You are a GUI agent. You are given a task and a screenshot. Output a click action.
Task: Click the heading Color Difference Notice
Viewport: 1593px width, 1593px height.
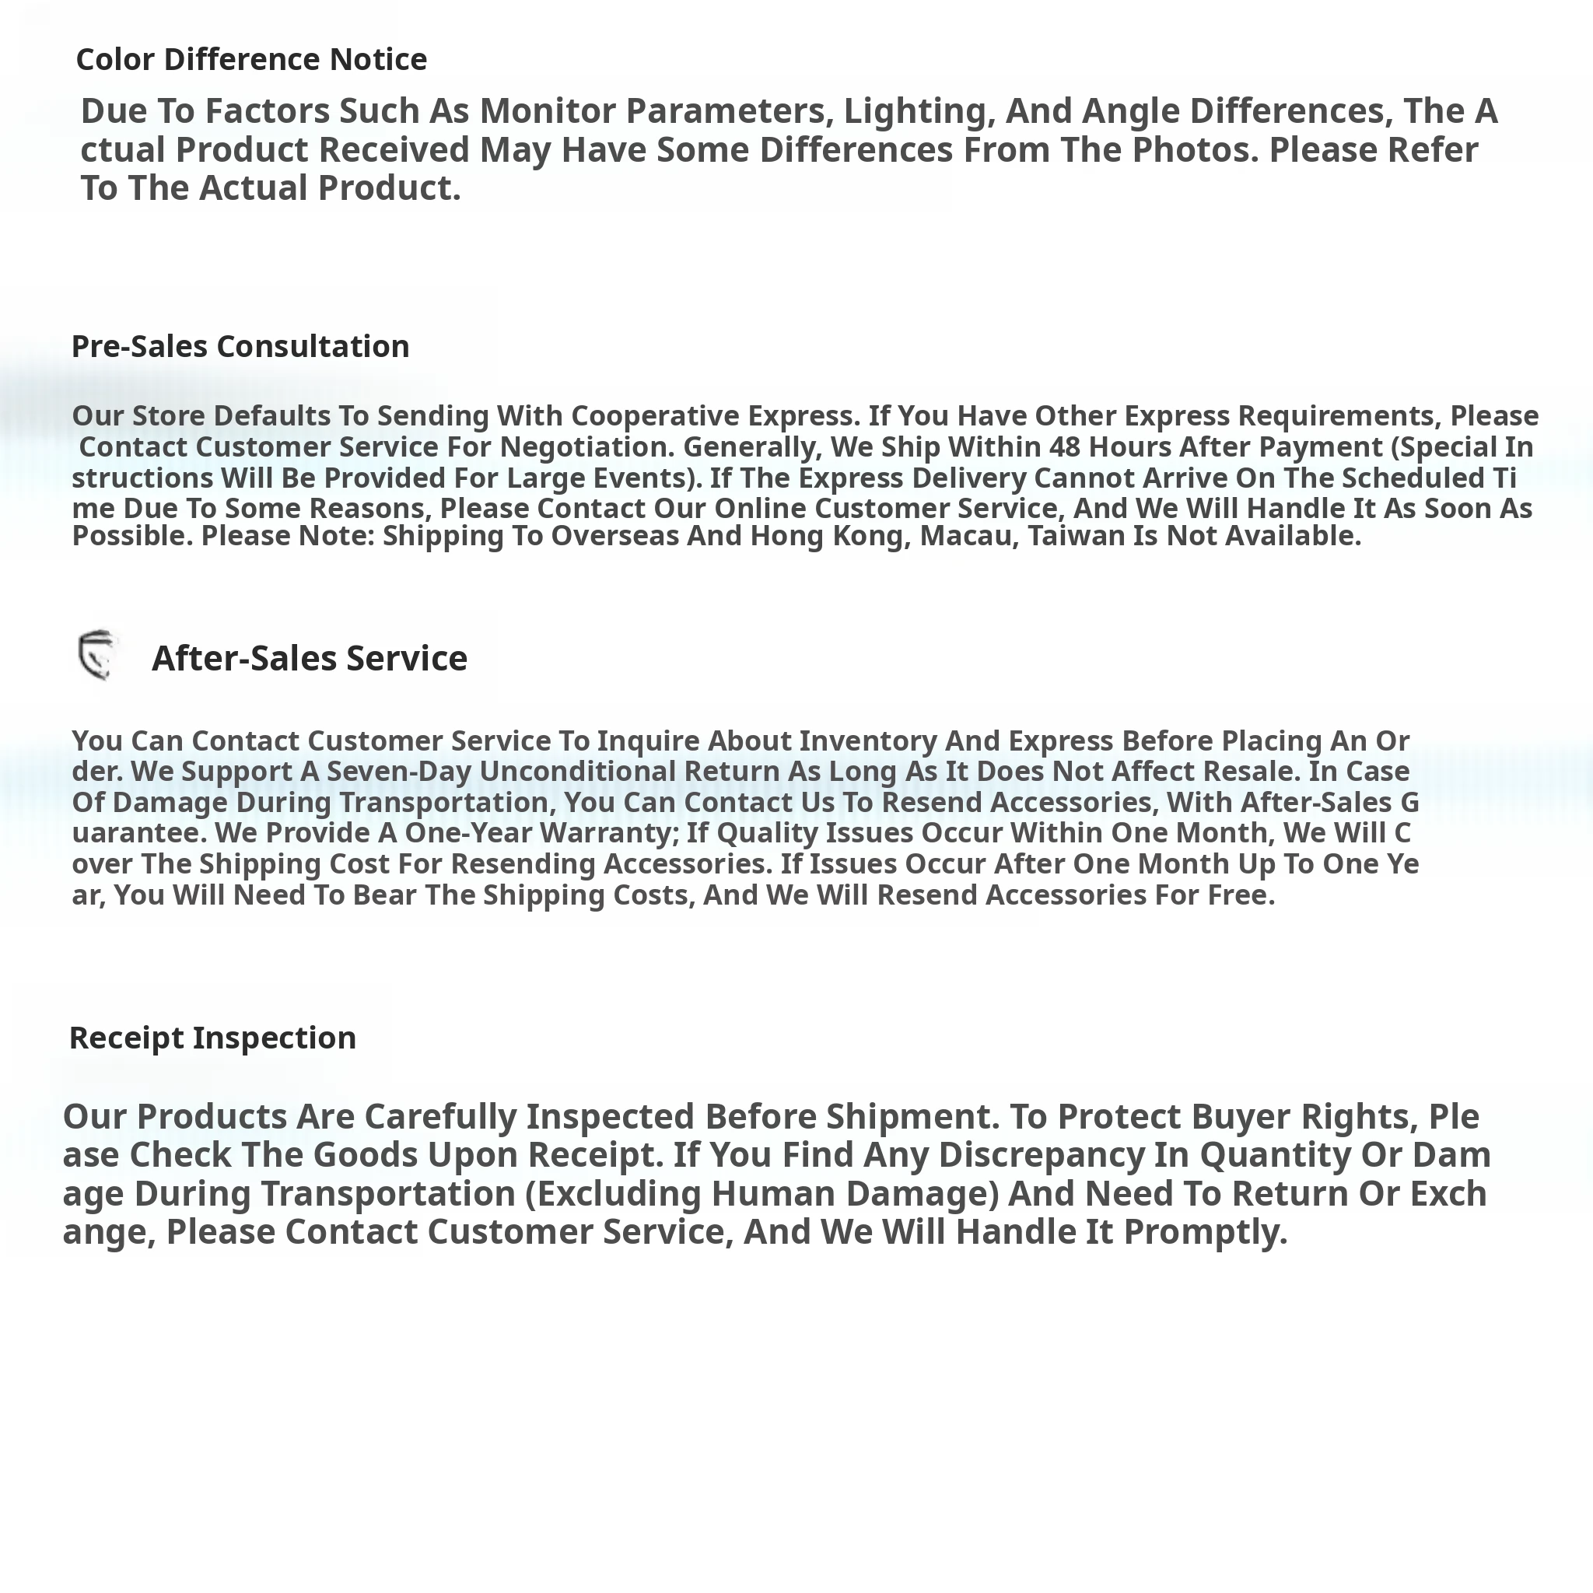click(251, 59)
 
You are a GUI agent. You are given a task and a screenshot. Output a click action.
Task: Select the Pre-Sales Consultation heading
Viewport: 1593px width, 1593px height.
click(240, 346)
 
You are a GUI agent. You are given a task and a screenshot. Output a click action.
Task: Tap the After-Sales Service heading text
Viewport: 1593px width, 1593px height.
click(310, 658)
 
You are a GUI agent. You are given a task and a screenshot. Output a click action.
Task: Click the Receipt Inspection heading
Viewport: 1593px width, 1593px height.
click(212, 1038)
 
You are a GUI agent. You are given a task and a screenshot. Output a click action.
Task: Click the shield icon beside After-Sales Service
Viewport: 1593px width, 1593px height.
click(97, 656)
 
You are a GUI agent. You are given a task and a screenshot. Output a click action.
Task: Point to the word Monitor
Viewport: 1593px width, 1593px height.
click(548, 110)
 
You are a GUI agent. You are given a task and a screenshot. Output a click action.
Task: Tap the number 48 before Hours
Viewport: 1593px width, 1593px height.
click(1066, 447)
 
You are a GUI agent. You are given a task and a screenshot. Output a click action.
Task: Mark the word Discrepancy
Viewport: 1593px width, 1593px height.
click(1042, 1154)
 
